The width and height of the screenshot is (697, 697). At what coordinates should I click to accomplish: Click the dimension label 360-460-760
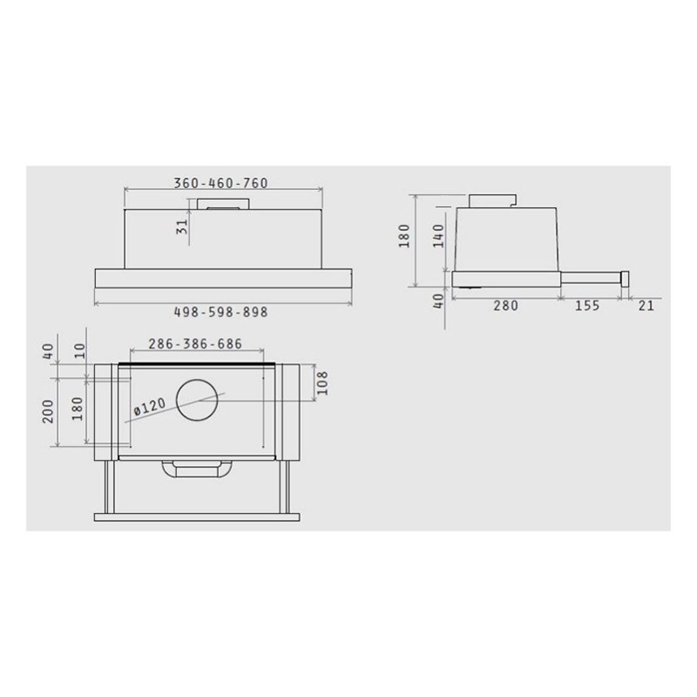(221, 183)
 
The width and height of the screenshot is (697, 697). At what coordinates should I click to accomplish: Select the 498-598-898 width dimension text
(221, 312)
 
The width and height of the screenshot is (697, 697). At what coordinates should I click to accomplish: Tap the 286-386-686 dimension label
(195, 344)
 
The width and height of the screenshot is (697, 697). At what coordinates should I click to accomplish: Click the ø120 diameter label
(150, 407)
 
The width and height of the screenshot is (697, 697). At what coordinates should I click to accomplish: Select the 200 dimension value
(48, 411)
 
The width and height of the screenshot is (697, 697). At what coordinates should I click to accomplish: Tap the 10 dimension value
(78, 351)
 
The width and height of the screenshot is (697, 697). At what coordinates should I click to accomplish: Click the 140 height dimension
(438, 236)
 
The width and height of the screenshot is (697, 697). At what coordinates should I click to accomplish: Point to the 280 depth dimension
(505, 306)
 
